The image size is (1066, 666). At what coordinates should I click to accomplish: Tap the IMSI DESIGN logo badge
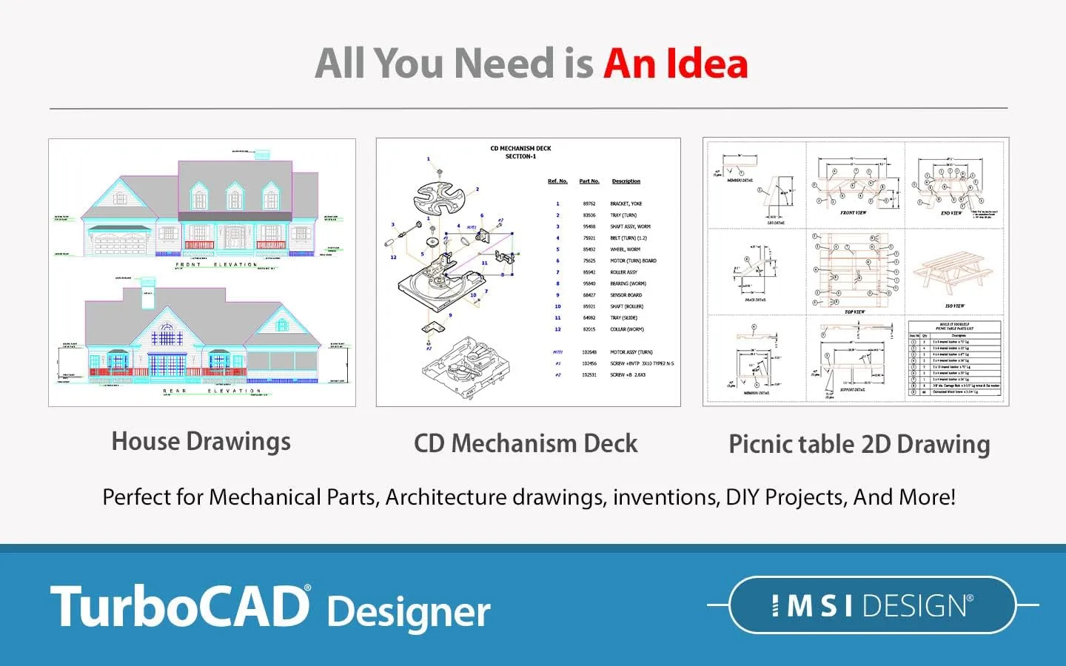872,605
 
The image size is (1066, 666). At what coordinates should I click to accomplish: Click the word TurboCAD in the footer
180,607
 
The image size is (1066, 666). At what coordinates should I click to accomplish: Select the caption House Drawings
201,442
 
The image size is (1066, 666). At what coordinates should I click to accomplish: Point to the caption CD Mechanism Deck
526,443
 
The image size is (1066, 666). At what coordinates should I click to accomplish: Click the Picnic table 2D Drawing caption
859,444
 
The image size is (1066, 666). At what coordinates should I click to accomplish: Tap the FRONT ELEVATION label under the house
216,264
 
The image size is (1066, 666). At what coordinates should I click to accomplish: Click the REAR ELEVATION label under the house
212,391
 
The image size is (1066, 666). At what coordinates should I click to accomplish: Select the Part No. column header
589,181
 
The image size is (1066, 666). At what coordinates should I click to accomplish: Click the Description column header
626,181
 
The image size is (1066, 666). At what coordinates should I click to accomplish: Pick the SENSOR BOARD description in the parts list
626,295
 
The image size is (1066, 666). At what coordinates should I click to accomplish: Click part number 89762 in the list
589,203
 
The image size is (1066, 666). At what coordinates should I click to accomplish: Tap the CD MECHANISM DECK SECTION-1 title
520,152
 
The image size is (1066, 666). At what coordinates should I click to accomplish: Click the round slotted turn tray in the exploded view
439,195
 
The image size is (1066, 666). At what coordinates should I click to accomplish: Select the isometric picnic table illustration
953,274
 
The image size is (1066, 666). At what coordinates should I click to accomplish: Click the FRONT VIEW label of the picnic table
853,213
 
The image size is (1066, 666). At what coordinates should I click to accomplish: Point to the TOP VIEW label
854,312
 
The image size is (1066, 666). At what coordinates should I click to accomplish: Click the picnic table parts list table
955,359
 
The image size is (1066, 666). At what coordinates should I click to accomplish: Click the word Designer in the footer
408,612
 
